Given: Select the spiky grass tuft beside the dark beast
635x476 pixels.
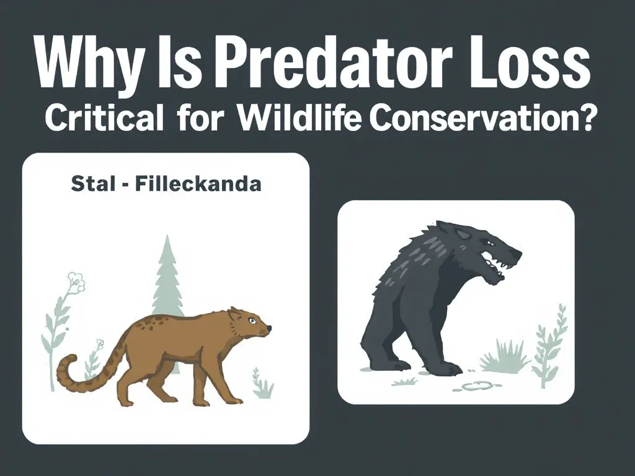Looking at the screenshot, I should click(x=501, y=359).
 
